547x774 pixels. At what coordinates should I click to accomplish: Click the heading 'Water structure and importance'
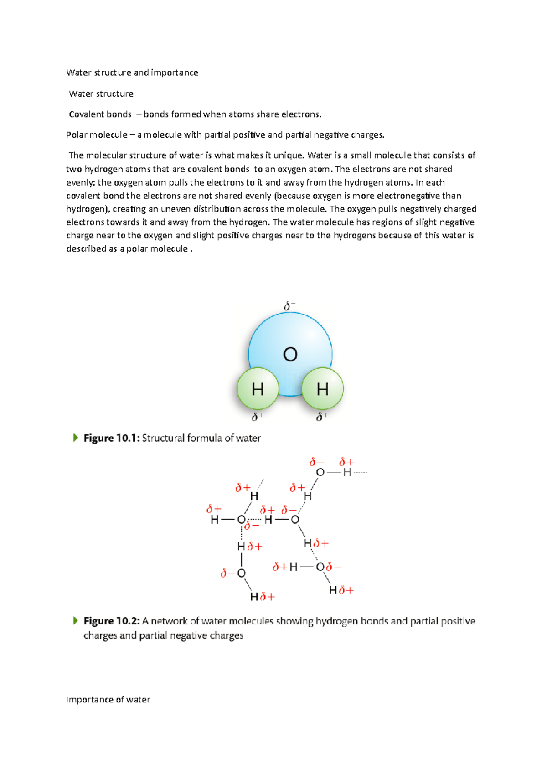tap(132, 72)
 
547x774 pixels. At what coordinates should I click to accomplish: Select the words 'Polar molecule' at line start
tap(97, 135)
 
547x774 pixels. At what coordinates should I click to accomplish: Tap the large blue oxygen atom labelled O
tap(290, 346)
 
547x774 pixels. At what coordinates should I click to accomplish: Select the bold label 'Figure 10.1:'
tap(111, 438)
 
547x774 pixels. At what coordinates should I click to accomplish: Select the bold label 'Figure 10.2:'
tap(111, 621)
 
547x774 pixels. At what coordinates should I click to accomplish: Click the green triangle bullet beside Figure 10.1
tap(76, 438)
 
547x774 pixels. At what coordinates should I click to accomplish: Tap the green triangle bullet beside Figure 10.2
tap(76, 620)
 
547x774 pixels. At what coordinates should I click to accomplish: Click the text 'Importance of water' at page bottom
tap(108, 700)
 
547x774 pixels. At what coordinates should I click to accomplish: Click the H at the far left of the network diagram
tap(214, 520)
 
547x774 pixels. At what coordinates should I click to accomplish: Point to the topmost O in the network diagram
tap(320, 473)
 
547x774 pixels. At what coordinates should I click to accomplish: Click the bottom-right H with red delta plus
tap(333, 591)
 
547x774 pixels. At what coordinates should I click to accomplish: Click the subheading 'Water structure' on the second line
tap(101, 94)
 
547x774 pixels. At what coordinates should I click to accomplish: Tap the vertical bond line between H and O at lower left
tap(241, 559)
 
